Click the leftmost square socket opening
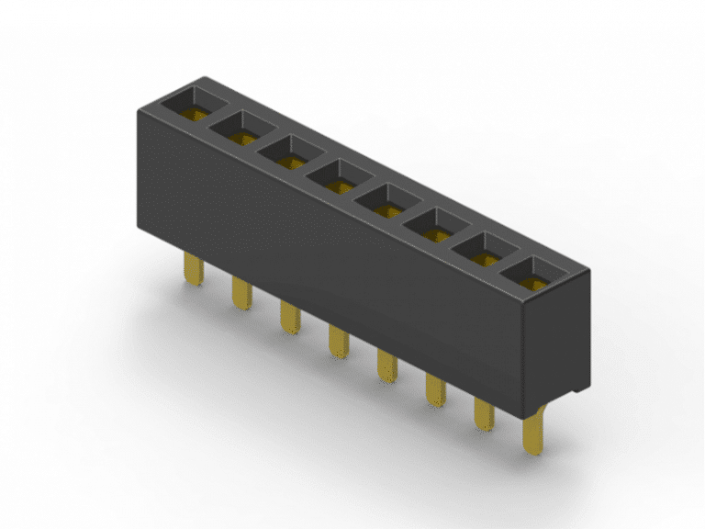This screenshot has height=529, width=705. pyautogui.click(x=196, y=103)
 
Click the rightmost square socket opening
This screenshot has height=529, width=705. pyautogui.click(x=532, y=274)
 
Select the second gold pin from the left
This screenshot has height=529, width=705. pyautogui.click(x=241, y=293)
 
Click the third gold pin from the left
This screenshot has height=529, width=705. pyautogui.click(x=288, y=318)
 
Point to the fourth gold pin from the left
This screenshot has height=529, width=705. pyautogui.click(x=337, y=343)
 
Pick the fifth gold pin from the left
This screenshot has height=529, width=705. pyautogui.click(x=386, y=367)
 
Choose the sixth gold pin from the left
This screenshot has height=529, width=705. pyautogui.click(x=434, y=392)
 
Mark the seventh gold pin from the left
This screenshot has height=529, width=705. pyautogui.click(x=484, y=416)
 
